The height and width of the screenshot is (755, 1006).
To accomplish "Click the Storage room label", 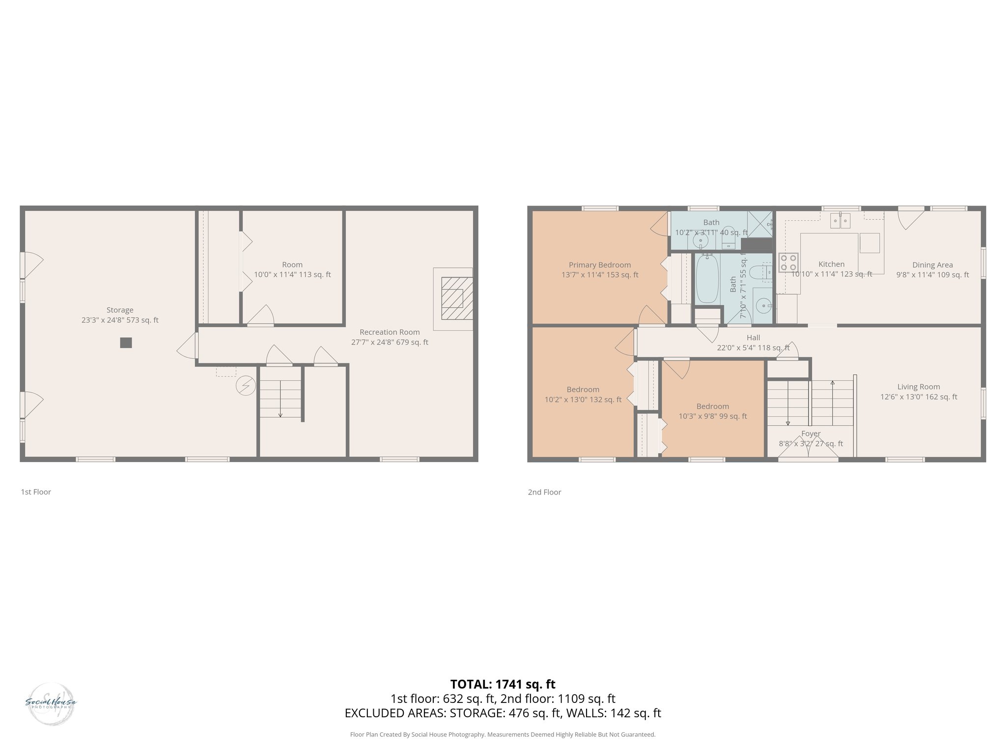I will coord(120,315).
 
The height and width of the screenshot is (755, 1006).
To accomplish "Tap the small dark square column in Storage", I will coord(126,343).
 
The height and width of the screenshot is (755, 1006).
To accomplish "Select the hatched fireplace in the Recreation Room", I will coord(456,298).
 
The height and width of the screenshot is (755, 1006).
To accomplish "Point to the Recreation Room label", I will coord(390,337).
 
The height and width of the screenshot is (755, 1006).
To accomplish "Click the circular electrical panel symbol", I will coord(246,386).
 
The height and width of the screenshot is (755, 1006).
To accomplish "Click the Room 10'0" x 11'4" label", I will coord(292,269).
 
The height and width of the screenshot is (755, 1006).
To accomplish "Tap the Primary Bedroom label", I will coord(600,269).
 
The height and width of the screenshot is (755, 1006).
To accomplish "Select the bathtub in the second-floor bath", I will coord(707,278).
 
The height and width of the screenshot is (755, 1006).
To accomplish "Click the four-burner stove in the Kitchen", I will coord(788,262).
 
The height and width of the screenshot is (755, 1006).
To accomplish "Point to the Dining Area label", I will coord(932,269).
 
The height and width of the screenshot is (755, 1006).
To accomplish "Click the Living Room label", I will coord(919,391).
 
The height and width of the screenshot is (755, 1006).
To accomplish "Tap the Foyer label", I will coord(810,438).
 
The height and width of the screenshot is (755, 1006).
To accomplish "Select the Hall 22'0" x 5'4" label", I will coord(753,342).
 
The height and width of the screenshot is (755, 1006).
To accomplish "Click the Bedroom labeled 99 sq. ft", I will coord(713,411).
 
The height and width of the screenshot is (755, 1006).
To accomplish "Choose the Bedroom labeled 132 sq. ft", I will coord(583,394).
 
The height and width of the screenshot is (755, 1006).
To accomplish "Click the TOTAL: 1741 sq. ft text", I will coord(503,684).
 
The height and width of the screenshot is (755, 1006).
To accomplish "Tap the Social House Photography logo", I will coord(51,704).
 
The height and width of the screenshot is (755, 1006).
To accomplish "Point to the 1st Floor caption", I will coord(36,492).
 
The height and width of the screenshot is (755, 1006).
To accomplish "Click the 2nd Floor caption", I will coord(544,492).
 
